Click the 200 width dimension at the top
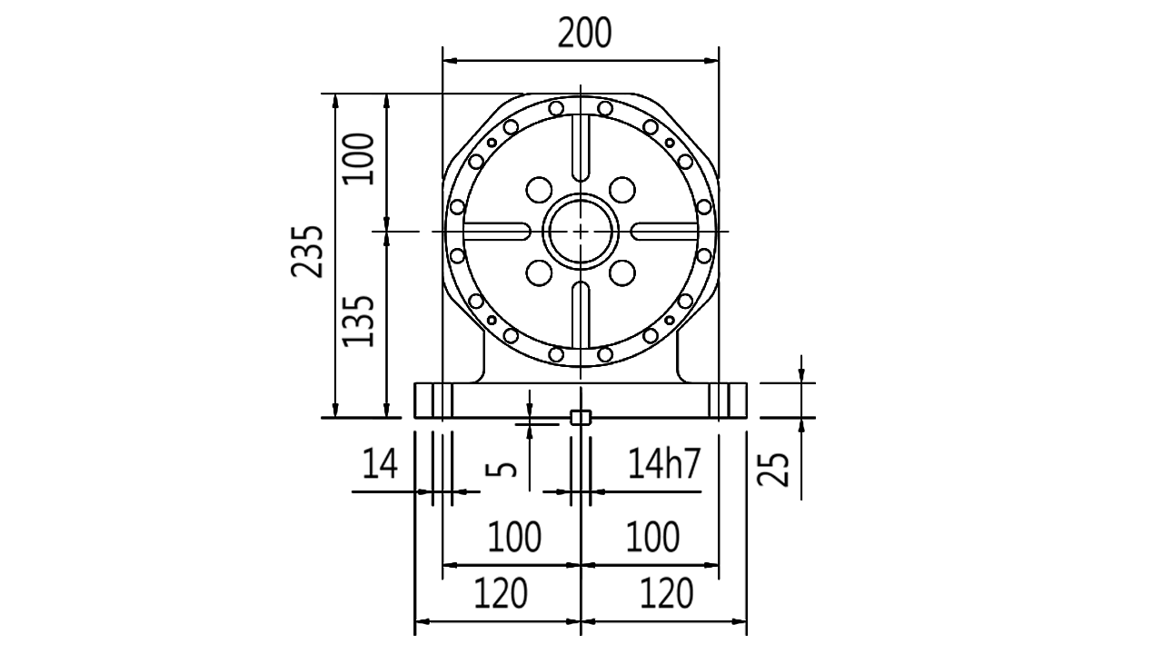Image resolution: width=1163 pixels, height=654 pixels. [x=584, y=34]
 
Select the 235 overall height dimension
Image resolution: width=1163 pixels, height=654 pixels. [x=307, y=252]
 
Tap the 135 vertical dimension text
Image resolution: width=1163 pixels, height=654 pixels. [x=358, y=322]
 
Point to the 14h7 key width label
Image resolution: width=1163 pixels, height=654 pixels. [x=664, y=463]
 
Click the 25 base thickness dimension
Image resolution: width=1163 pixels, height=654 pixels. [x=773, y=470]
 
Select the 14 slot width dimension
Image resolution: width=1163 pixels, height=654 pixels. [x=380, y=463]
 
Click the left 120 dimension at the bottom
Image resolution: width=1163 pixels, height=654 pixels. [x=501, y=594]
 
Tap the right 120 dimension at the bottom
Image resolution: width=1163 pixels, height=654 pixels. [x=666, y=594]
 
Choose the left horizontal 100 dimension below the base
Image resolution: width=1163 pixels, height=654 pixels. [x=514, y=537]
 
